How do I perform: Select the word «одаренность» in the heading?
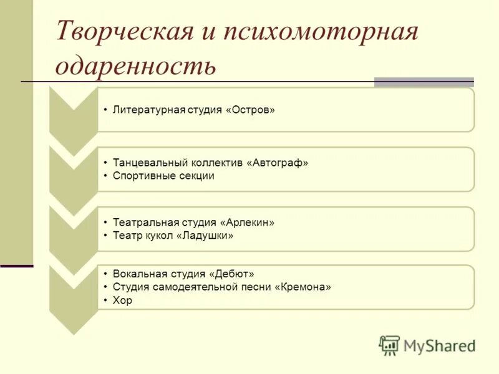click(135, 65)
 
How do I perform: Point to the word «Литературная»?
click(149, 110)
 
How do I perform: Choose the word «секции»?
click(194, 176)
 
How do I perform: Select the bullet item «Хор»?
click(122, 300)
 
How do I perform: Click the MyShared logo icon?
click(389, 344)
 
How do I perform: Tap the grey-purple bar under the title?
click(424, 82)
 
